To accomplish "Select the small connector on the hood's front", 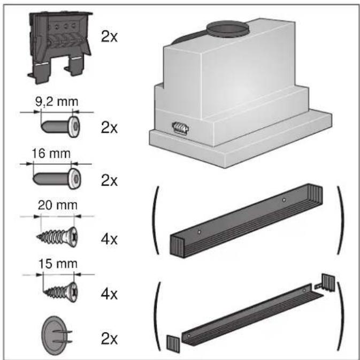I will click(x=180, y=128).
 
